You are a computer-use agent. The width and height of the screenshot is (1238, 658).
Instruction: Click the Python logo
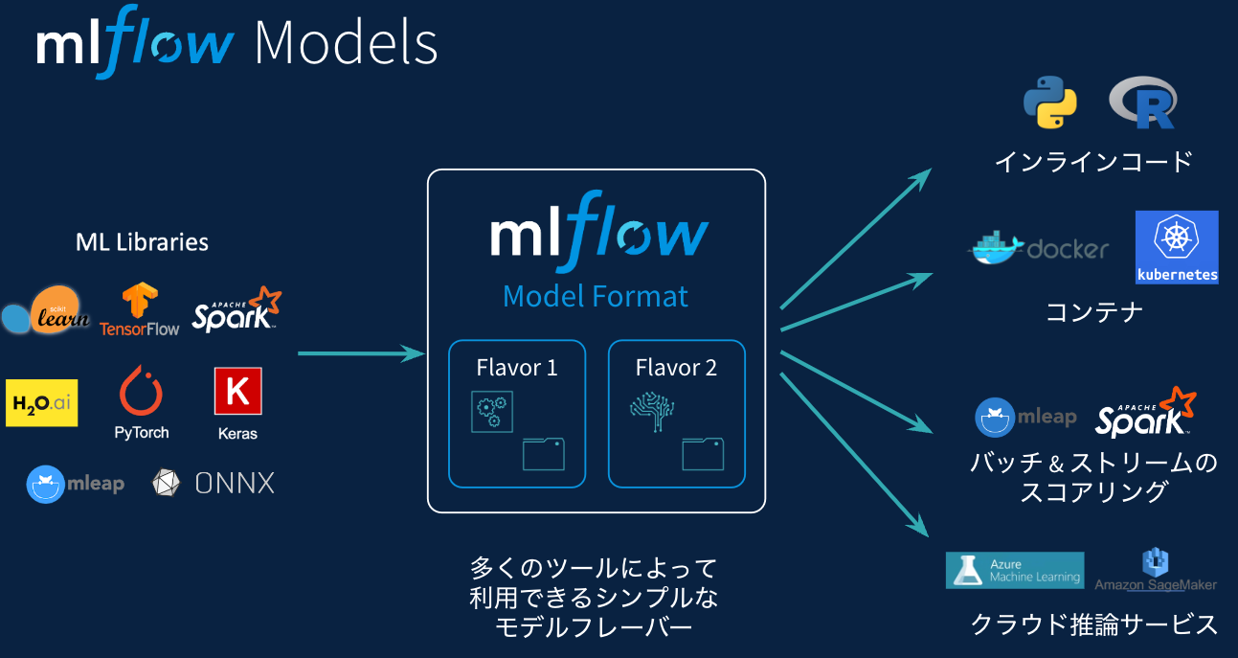tap(1049, 103)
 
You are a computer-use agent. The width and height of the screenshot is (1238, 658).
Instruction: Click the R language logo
tap(1143, 103)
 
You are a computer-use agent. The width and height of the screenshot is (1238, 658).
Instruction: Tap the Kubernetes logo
tap(1176, 247)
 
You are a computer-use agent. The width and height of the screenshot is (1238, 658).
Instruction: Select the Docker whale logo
tap(996, 248)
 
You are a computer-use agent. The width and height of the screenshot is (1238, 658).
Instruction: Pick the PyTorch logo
tap(141, 403)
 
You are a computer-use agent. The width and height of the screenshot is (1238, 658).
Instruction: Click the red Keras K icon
tap(237, 392)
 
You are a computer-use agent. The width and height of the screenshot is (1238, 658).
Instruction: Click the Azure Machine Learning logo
tap(1014, 570)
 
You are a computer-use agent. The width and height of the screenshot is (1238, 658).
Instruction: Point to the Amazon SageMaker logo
tap(1156, 571)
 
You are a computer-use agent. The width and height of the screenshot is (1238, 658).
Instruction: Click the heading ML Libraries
tap(142, 242)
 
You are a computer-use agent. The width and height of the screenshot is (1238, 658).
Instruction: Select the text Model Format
tap(595, 296)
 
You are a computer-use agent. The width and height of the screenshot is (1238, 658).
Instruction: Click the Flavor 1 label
tap(517, 368)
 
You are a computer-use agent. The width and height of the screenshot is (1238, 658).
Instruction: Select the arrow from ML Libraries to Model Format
tap(360, 354)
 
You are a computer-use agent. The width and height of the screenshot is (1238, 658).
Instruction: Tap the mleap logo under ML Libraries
tap(76, 484)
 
